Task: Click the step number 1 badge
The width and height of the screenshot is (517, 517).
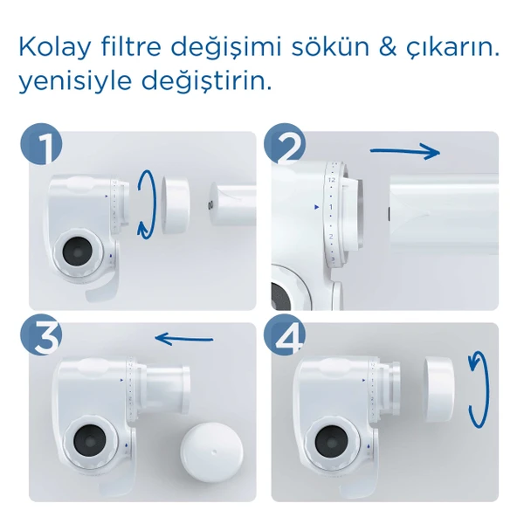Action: (41, 145)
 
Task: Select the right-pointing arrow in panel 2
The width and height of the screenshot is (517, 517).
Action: (404, 152)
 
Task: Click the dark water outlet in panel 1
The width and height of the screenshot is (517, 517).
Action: (75, 253)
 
